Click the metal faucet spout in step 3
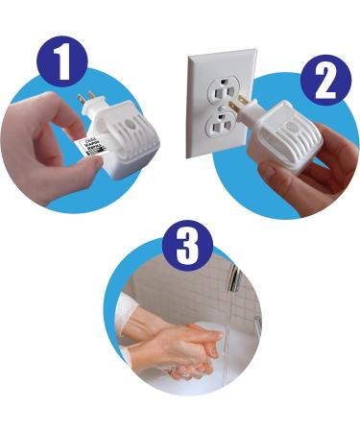coord(233,279)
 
